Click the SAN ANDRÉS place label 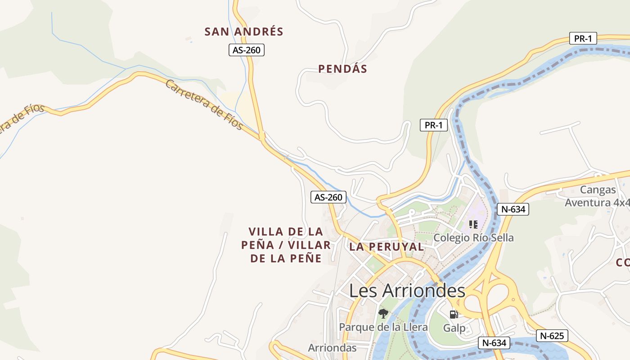(244, 31)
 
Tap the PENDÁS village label (342, 69)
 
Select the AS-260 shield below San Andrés (246, 50)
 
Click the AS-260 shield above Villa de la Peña (328, 197)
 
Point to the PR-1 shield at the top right (583, 39)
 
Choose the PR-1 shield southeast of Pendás (434, 125)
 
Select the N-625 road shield (552, 335)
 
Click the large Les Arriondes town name (407, 291)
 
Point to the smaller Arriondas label (332, 348)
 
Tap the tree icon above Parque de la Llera (383, 313)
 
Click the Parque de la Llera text (383, 327)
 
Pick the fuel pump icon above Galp (454, 315)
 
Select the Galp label (454, 328)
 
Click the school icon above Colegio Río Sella (473, 224)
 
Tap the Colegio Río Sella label (473, 238)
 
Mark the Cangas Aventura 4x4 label (598, 196)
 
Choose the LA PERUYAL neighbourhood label (387, 247)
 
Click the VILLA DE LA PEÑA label (286, 245)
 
